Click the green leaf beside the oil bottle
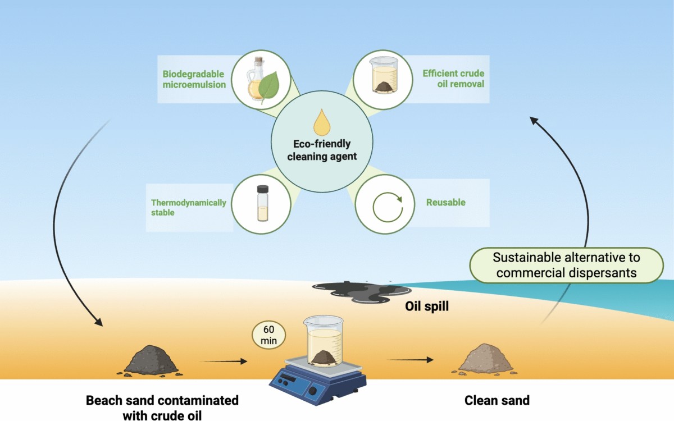click(269, 86)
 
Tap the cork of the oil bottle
click(258, 60)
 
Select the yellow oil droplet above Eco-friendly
click(322, 122)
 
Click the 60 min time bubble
click(268, 335)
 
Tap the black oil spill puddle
click(361, 292)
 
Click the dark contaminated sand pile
click(151, 360)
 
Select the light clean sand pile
click(485, 359)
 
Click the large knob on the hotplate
click(313, 391)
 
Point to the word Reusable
click(445, 203)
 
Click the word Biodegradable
click(193, 74)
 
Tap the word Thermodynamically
click(188, 203)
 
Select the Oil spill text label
click(427, 306)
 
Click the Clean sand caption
click(497, 401)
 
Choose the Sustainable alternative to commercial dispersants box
click(566, 265)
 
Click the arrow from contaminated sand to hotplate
click(224, 361)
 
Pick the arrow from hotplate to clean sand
click(410, 360)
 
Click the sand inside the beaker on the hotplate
click(324, 357)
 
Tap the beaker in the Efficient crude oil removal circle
click(384, 75)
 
